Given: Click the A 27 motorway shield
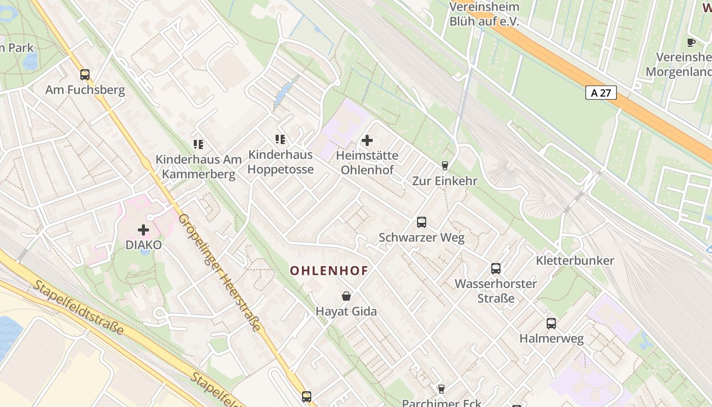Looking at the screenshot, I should (601, 93).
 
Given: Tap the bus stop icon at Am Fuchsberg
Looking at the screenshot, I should (85, 75).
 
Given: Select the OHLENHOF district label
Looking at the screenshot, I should (329, 271).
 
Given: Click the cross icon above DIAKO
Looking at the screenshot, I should (143, 230).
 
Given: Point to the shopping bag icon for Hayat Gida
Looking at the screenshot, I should (346, 296).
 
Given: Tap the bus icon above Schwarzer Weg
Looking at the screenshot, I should (422, 222).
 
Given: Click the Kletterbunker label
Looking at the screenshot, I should (575, 261).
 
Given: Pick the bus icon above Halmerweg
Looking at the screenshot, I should (551, 324).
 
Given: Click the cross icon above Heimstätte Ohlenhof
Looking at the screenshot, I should (367, 140).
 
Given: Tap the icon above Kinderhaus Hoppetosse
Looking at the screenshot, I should (280, 139).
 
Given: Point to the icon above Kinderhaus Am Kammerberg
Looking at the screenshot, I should (198, 144).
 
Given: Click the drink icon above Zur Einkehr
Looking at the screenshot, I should (444, 166).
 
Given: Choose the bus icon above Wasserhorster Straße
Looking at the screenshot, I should (496, 269).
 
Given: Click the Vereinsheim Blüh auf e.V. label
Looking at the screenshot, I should (484, 14).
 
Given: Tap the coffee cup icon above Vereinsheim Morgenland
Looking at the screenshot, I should (691, 42).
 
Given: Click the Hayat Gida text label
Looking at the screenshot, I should (346, 311).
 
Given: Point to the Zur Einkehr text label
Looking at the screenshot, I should (444, 181).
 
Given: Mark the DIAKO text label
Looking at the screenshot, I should (143, 245).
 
